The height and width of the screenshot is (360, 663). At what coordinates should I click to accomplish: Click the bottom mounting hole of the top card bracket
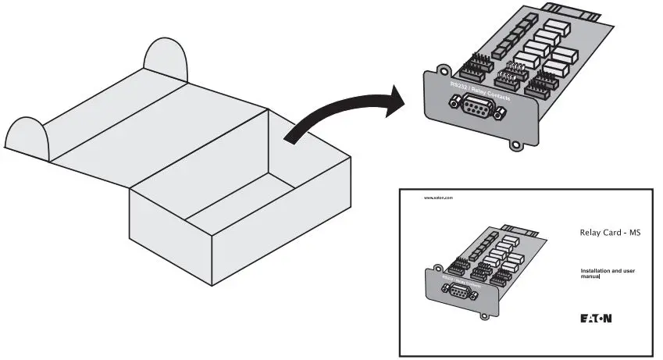pyautogui.click(x=515, y=143)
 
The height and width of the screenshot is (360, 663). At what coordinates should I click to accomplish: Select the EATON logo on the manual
pyautogui.click(x=596, y=319)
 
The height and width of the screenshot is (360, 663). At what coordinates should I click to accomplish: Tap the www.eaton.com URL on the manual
pyautogui.click(x=438, y=198)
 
